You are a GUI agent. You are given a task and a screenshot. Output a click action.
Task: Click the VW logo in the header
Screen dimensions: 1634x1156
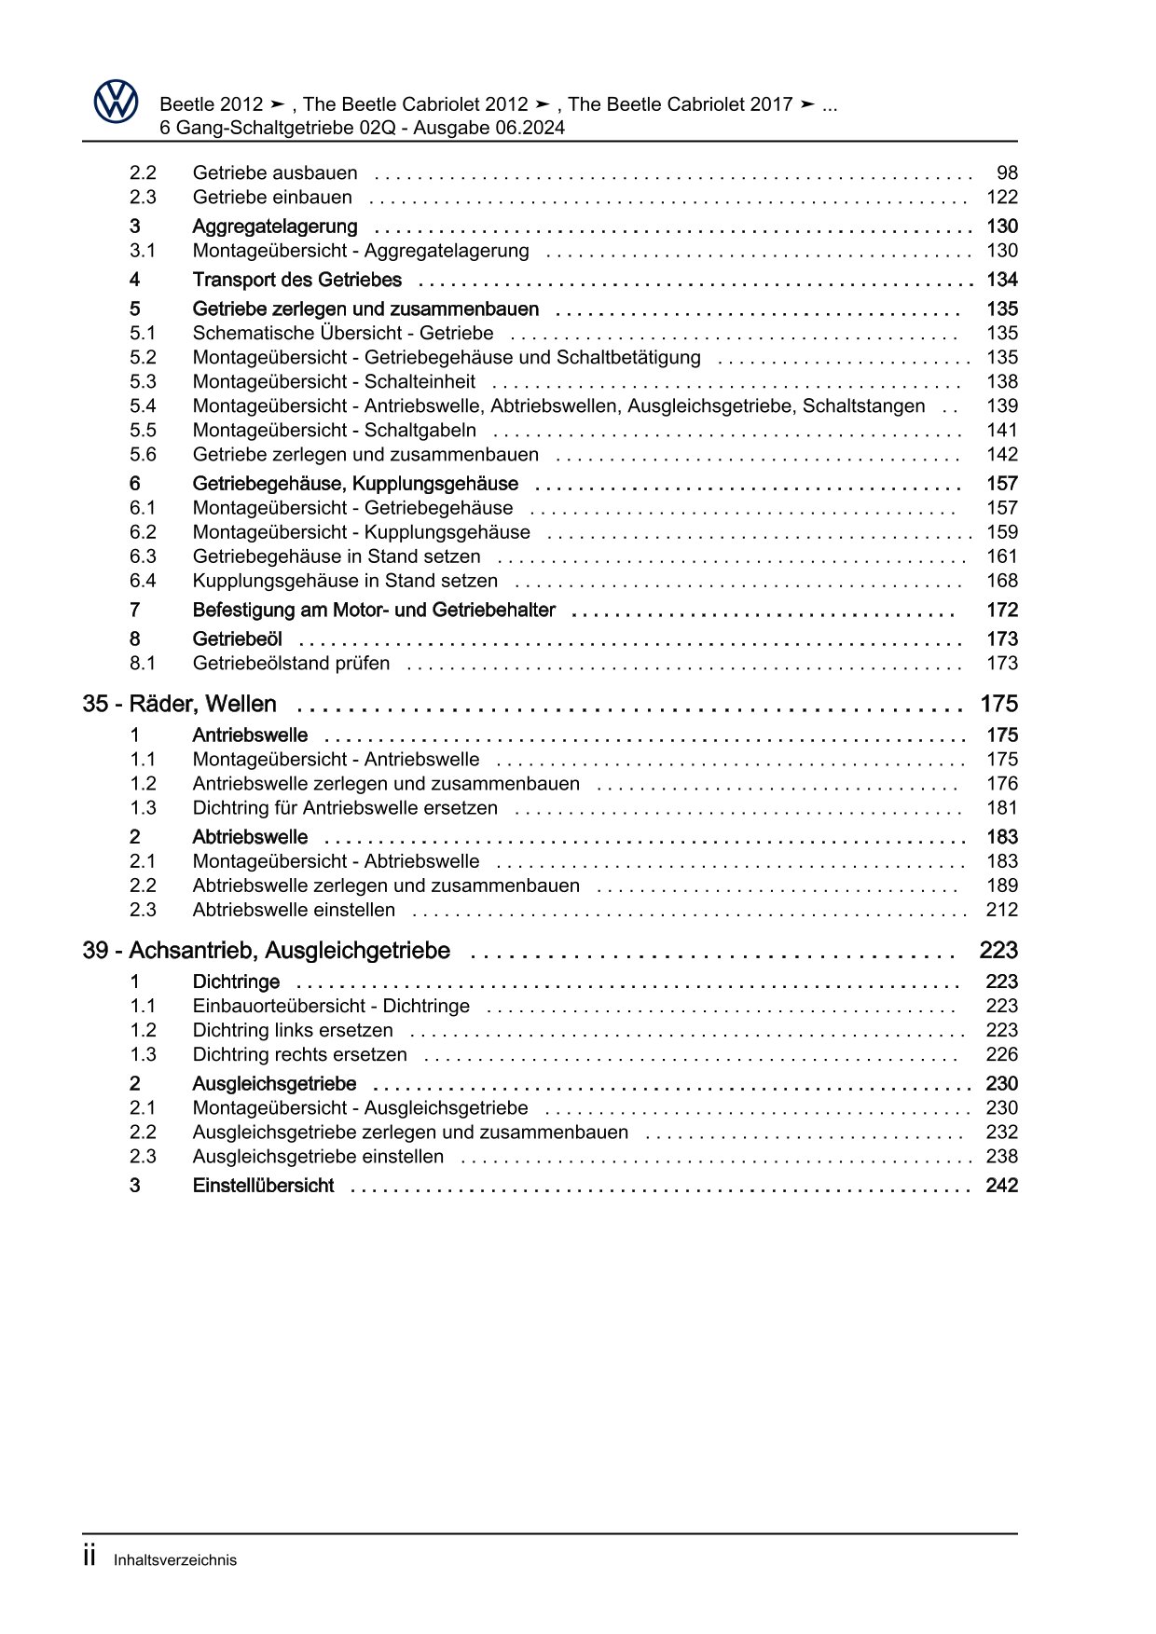pyautogui.click(x=116, y=101)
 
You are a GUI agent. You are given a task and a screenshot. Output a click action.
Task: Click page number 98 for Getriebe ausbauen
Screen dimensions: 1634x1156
pyautogui.click(x=1006, y=173)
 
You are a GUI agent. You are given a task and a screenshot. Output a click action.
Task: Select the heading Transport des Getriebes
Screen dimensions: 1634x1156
pyautogui.click(x=296, y=280)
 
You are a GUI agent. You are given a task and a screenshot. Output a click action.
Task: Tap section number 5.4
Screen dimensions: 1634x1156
pyautogui.click(x=143, y=406)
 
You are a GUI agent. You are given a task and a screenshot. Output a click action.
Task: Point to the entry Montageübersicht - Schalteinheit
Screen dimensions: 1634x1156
pyautogui.click(x=333, y=382)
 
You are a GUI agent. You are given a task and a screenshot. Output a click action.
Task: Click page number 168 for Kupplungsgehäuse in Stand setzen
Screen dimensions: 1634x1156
pyautogui.click(x=1001, y=581)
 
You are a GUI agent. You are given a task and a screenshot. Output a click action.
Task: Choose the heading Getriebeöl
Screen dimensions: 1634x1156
pyautogui.click(x=237, y=639)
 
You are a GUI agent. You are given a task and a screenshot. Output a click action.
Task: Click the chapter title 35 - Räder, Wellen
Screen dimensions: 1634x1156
pyautogui.click(x=179, y=704)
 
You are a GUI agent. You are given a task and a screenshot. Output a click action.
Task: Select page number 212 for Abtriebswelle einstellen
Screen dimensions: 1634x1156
pyautogui.click(x=1001, y=910)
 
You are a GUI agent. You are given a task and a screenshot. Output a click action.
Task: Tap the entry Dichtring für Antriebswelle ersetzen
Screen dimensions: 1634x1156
pyautogui.click(x=344, y=808)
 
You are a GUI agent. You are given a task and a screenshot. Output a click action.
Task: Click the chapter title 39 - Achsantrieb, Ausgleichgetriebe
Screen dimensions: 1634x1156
pyautogui.click(x=266, y=951)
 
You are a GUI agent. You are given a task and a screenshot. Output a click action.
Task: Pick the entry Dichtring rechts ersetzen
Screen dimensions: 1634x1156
pyautogui.click(x=299, y=1055)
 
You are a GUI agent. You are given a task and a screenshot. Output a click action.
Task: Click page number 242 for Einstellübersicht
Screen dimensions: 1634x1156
pyautogui.click(x=1001, y=1186)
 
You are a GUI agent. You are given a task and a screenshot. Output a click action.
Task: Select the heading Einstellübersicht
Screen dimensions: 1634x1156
pyautogui.click(x=262, y=1186)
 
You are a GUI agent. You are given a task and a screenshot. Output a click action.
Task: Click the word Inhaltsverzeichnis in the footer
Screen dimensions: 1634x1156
pyautogui.click(x=174, y=1559)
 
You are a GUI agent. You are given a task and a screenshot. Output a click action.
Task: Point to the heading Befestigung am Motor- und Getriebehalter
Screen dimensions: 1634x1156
pyautogui.click(x=373, y=611)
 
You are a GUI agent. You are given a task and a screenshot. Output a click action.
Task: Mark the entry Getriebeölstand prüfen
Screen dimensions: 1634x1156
pyautogui.click(x=291, y=664)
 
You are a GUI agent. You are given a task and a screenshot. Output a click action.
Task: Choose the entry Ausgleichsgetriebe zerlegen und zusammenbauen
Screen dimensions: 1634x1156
pyautogui.click(x=409, y=1133)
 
